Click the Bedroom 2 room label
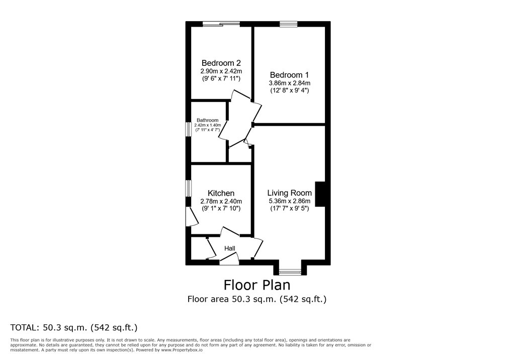coord(221,63)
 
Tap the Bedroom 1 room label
coord(289,74)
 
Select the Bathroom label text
coord(207,120)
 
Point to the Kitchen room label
coord(221,193)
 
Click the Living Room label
coord(289,193)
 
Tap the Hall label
coord(230,248)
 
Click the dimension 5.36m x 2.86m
coord(289,201)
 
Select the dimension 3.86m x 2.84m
coord(289,83)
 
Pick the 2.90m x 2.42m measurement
coord(221,71)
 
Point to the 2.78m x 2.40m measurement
coord(221,201)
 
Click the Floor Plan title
coord(257,285)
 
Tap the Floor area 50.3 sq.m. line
coord(257,299)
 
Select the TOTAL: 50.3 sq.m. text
coord(74,327)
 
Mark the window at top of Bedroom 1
coord(289,23)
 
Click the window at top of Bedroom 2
coord(221,23)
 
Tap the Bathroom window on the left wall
coord(188,129)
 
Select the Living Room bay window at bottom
coord(289,272)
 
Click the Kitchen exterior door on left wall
coord(189,217)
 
